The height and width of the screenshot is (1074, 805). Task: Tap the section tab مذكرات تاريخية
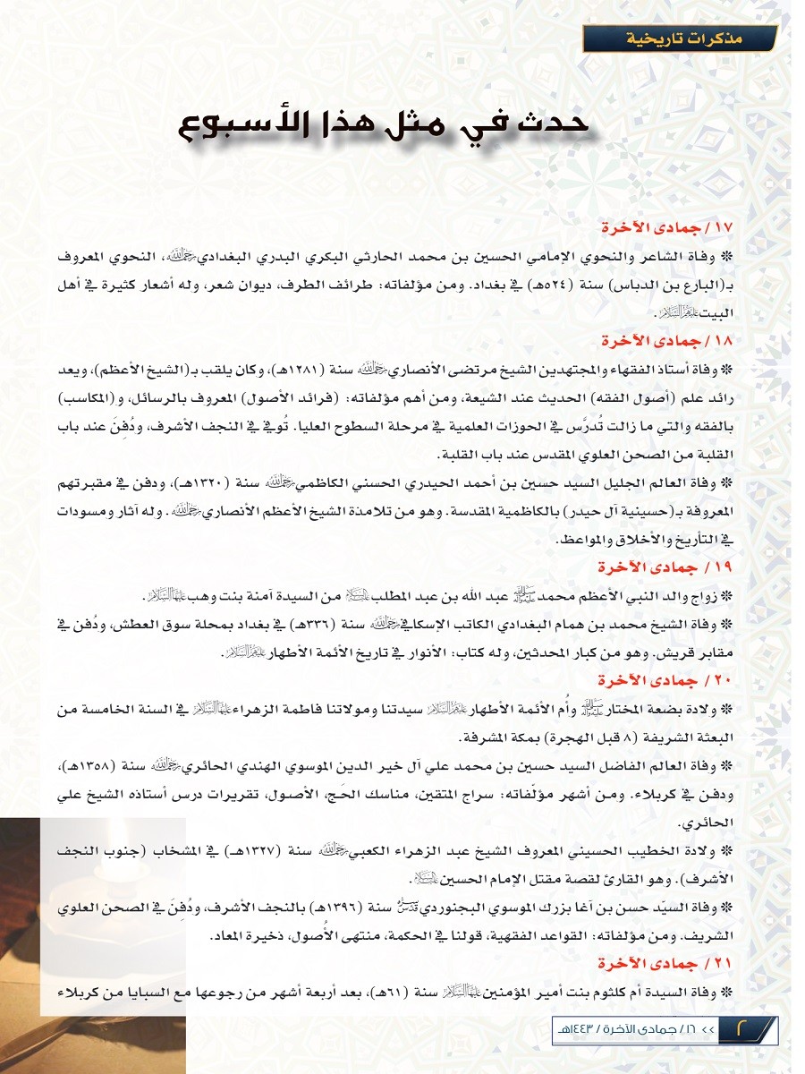tap(678, 39)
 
